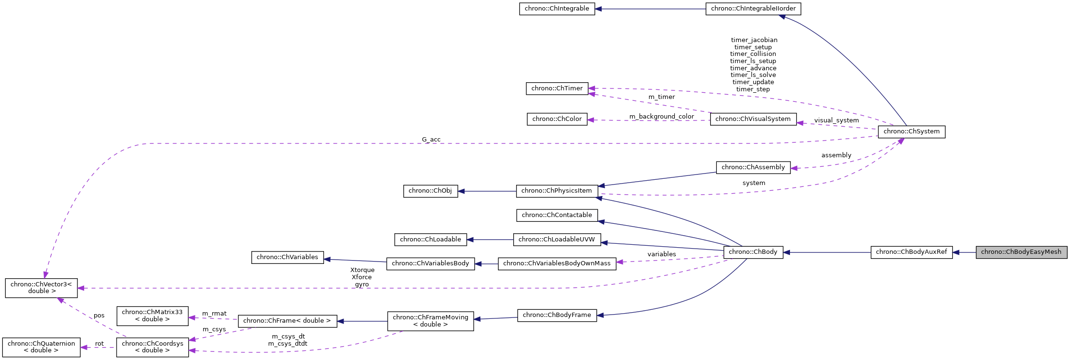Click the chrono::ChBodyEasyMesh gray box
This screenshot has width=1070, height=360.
[x=1021, y=252]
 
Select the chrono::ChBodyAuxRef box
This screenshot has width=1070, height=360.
[x=911, y=252]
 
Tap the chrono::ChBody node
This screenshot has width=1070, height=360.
[x=753, y=252]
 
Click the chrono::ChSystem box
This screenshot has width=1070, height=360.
[x=911, y=131]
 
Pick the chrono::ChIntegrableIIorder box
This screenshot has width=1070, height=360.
[x=753, y=9]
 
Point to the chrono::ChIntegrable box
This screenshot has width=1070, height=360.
[x=557, y=9]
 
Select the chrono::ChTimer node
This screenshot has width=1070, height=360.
[x=557, y=88]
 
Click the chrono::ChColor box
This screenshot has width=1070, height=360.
[x=557, y=119]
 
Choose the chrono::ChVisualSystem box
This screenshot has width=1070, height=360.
[x=753, y=119]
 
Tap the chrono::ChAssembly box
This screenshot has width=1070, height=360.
[x=753, y=167]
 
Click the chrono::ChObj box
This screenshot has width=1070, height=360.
[x=430, y=191]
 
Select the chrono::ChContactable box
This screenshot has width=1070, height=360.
[x=557, y=215]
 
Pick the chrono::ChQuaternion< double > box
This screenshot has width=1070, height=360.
[x=41, y=347]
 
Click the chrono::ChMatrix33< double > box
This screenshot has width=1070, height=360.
[x=152, y=316]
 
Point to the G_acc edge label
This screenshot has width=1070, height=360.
[x=431, y=140]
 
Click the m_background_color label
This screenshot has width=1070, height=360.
[x=661, y=117]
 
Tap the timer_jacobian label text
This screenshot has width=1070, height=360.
[x=754, y=40]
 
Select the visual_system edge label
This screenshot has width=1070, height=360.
[x=836, y=120]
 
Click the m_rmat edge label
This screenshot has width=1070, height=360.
[x=214, y=314]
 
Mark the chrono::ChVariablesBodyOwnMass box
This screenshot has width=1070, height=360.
[x=556, y=263]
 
